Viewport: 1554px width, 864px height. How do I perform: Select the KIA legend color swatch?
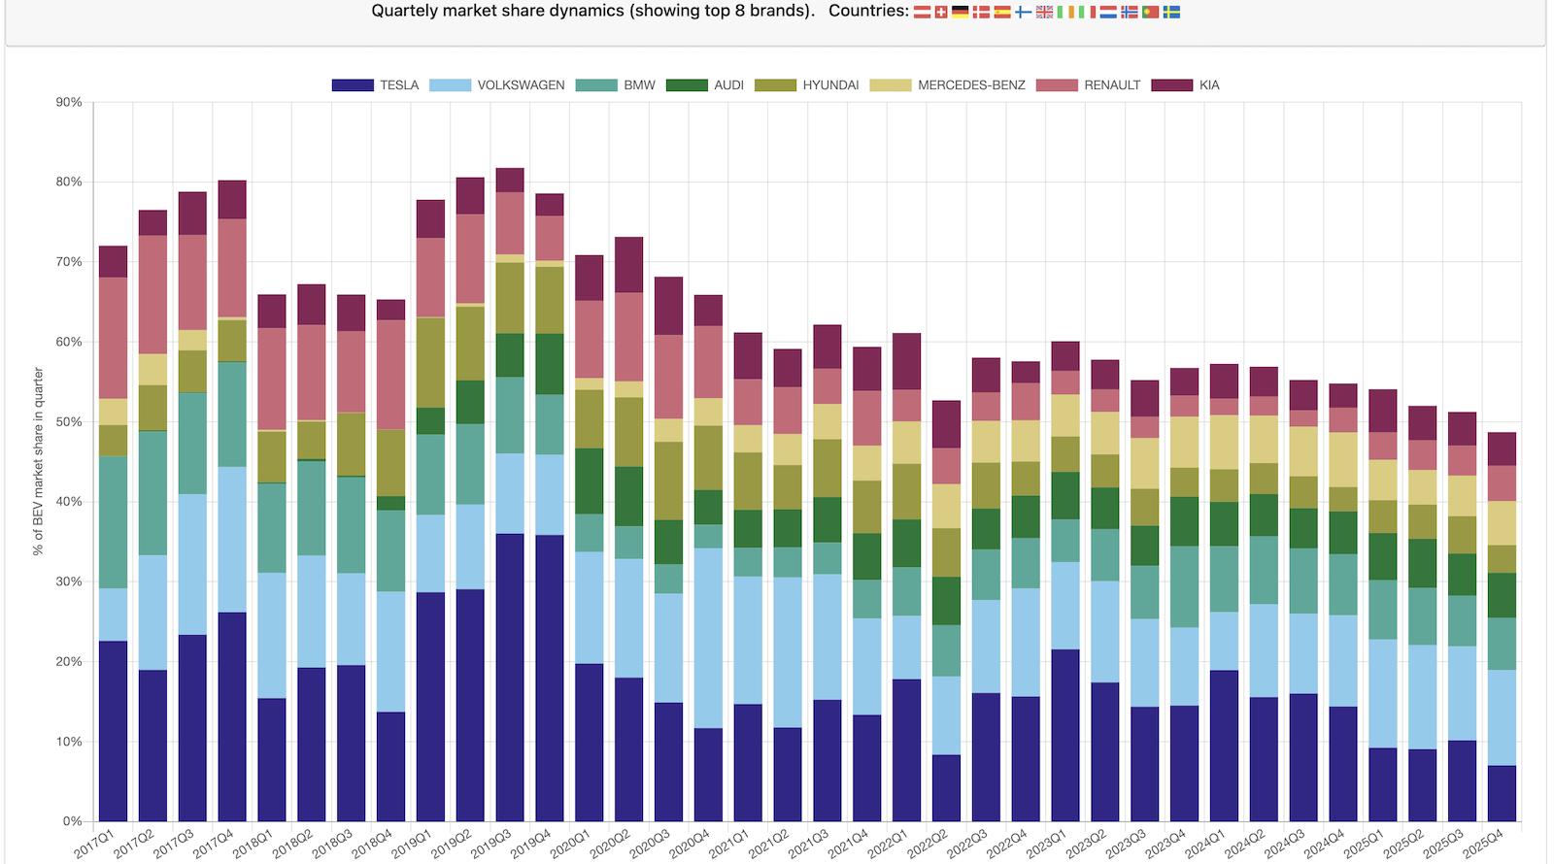pos(1171,85)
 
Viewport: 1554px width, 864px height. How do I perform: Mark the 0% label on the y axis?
pos(72,821)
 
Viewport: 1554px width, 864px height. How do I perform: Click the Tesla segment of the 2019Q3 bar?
pos(510,680)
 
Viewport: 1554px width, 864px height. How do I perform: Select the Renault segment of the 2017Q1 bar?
pos(113,338)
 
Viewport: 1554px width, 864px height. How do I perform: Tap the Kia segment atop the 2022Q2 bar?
pos(946,424)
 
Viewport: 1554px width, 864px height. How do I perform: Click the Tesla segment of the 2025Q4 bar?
pos(1502,794)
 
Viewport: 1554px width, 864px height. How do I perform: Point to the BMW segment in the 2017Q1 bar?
pos(113,522)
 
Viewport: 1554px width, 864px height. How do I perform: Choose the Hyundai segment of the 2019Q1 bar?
pos(430,362)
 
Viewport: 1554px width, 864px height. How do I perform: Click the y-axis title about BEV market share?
pos(39,461)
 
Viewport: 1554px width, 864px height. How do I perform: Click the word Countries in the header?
pos(867,11)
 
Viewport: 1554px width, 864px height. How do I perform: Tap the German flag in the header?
pos(960,12)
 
